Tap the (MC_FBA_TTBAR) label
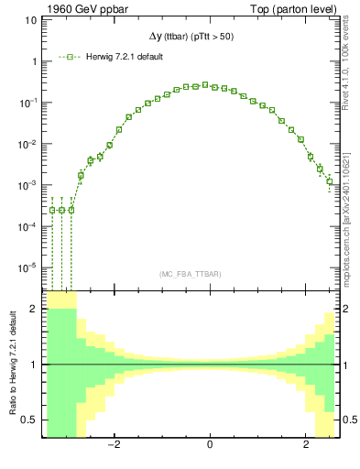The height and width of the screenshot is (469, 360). pos(191,275)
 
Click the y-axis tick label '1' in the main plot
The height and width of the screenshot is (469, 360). pos(33,62)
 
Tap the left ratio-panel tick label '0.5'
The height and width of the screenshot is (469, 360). pos(29,420)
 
